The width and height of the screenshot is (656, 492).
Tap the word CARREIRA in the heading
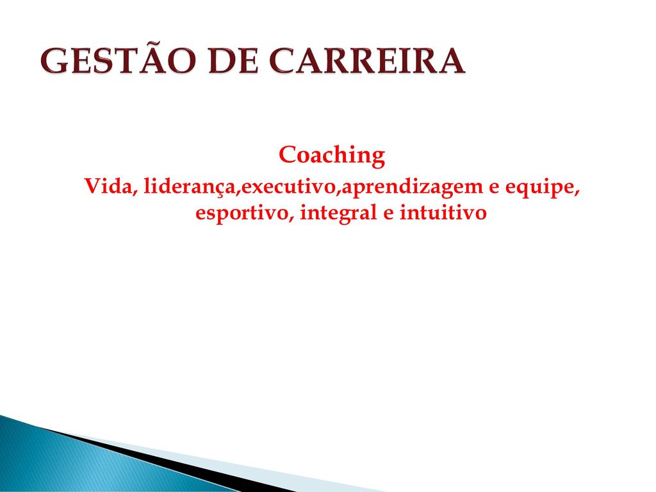pos(367,61)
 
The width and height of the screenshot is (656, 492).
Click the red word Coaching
pos(332,155)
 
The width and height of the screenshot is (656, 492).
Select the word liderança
pos(190,187)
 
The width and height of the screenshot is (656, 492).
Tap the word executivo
pos(289,186)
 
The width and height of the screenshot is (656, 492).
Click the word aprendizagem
pos(412,188)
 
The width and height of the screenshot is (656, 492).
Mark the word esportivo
pos(242,213)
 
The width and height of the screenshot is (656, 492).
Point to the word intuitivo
pos(443,212)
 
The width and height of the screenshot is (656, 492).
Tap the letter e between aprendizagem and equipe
pos(494,188)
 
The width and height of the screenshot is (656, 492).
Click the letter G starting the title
pos(54,61)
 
